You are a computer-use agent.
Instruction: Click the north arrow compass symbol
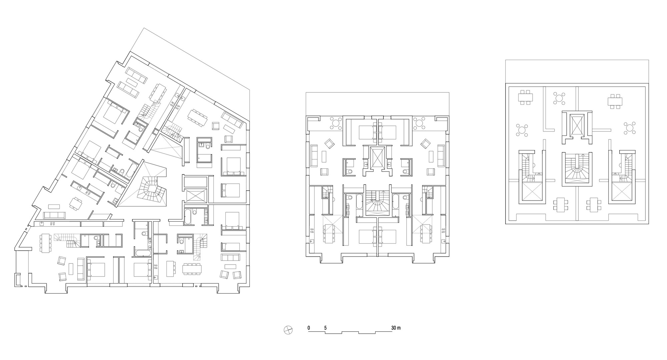pyautogui.click(x=288, y=330)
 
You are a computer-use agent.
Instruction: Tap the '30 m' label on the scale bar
pyautogui.click(x=396, y=328)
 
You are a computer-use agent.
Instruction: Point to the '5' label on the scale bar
pyautogui.click(x=325, y=328)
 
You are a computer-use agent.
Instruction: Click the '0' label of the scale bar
pyautogui.click(x=309, y=328)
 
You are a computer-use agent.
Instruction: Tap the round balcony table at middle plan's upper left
pyautogui.click(x=336, y=123)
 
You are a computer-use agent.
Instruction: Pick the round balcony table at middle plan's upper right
pyautogui.click(x=419, y=123)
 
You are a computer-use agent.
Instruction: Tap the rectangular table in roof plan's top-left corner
pyautogui.click(x=525, y=97)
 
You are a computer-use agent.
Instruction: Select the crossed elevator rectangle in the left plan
pyautogui.click(x=195, y=196)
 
